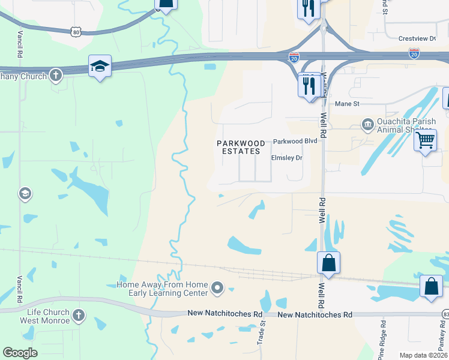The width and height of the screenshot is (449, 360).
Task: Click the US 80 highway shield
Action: tap(75, 32)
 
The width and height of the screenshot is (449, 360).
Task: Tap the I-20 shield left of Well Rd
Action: tap(294, 58)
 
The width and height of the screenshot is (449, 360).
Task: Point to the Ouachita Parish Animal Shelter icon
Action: tap(367, 125)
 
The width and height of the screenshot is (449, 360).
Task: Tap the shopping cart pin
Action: tap(426, 141)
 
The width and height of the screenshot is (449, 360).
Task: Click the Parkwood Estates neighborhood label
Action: tap(240, 147)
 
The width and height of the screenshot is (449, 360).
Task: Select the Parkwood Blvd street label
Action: tap(295, 142)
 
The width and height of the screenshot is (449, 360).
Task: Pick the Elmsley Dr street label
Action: tap(287, 158)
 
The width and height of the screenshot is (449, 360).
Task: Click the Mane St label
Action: tap(346, 104)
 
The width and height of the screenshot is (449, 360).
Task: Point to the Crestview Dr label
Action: tap(417, 38)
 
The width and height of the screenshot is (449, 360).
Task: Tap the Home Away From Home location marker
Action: tap(217, 289)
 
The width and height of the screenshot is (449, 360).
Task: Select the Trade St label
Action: tap(262, 331)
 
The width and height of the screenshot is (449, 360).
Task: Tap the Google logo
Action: tap(20, 353)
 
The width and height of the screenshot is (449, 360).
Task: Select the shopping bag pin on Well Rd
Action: tap(328, 263)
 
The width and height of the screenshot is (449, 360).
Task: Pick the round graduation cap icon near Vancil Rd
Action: tap(25, 194)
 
